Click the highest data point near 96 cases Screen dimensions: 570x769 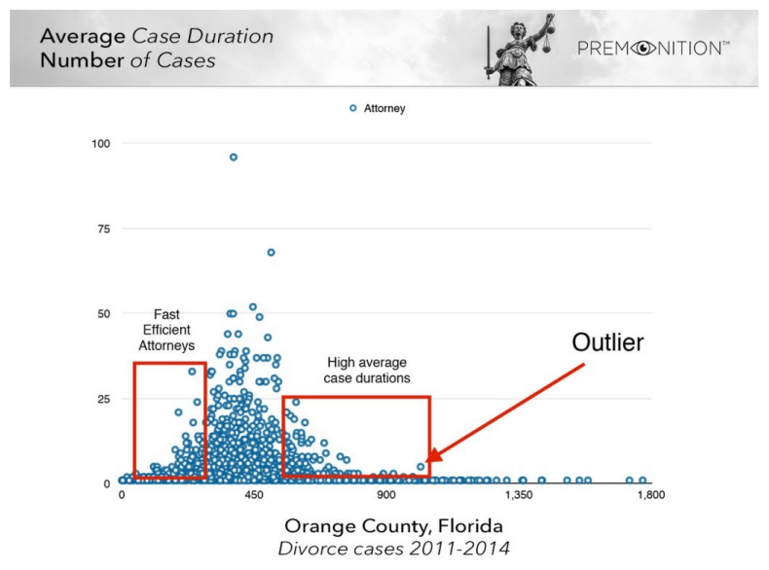233,157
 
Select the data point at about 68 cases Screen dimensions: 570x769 271,252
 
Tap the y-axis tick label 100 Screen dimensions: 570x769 101,144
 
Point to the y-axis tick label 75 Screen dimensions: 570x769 104,229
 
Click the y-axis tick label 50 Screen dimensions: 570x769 104,314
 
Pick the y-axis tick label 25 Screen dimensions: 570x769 104,399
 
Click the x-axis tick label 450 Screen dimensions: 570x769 254,495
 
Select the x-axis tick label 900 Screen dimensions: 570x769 386,495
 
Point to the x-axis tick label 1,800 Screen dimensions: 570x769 649,495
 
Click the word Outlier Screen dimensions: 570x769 607,343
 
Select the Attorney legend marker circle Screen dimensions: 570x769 353,109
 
